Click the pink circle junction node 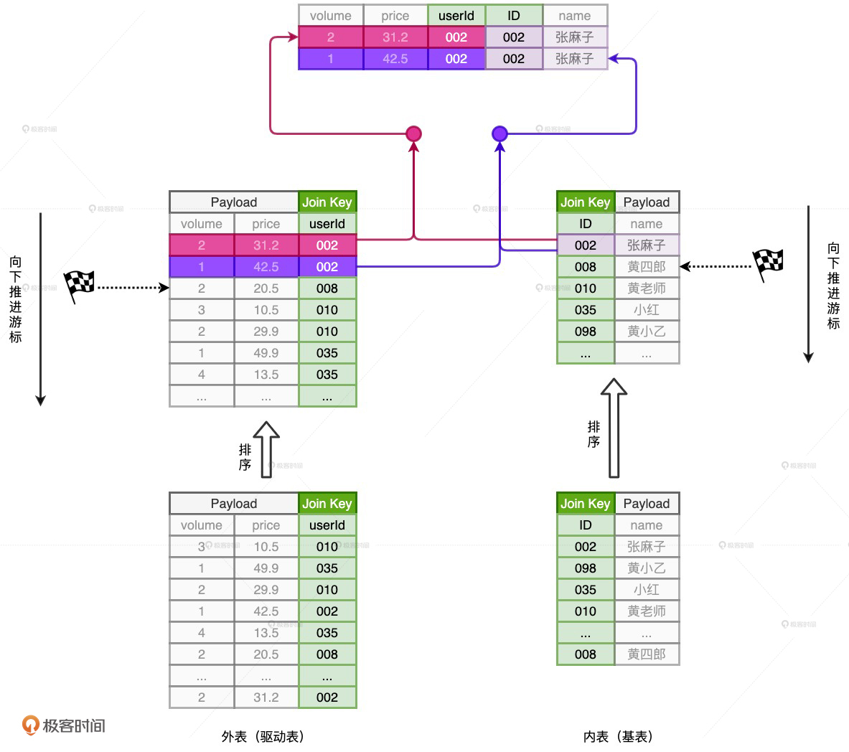(x=413, y=133)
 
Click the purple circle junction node (x=499, y=133)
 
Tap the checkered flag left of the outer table (x=79, y=286)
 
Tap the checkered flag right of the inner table (x=767, y=265)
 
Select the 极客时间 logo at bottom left (x=64, y=725)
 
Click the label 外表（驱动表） (x=263, y=737)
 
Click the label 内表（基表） (x=618, y=737)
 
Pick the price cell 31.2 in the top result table (x=395, y=37)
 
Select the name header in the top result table (x=574, y=16)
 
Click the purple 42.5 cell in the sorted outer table (x=266, y=267)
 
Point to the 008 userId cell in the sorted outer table (x=327, y=288)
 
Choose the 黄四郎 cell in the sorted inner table (x=646, y=267)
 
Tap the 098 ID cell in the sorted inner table (x=586, y=332)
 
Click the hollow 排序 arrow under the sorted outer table (x=266, y=449)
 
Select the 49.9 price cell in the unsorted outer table (x=266, y=568)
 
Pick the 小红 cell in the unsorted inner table (x=646, y=590)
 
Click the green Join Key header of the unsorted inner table (x=586, y=504)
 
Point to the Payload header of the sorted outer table (x=233, y=202)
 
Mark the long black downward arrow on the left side (x=41, y=309)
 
